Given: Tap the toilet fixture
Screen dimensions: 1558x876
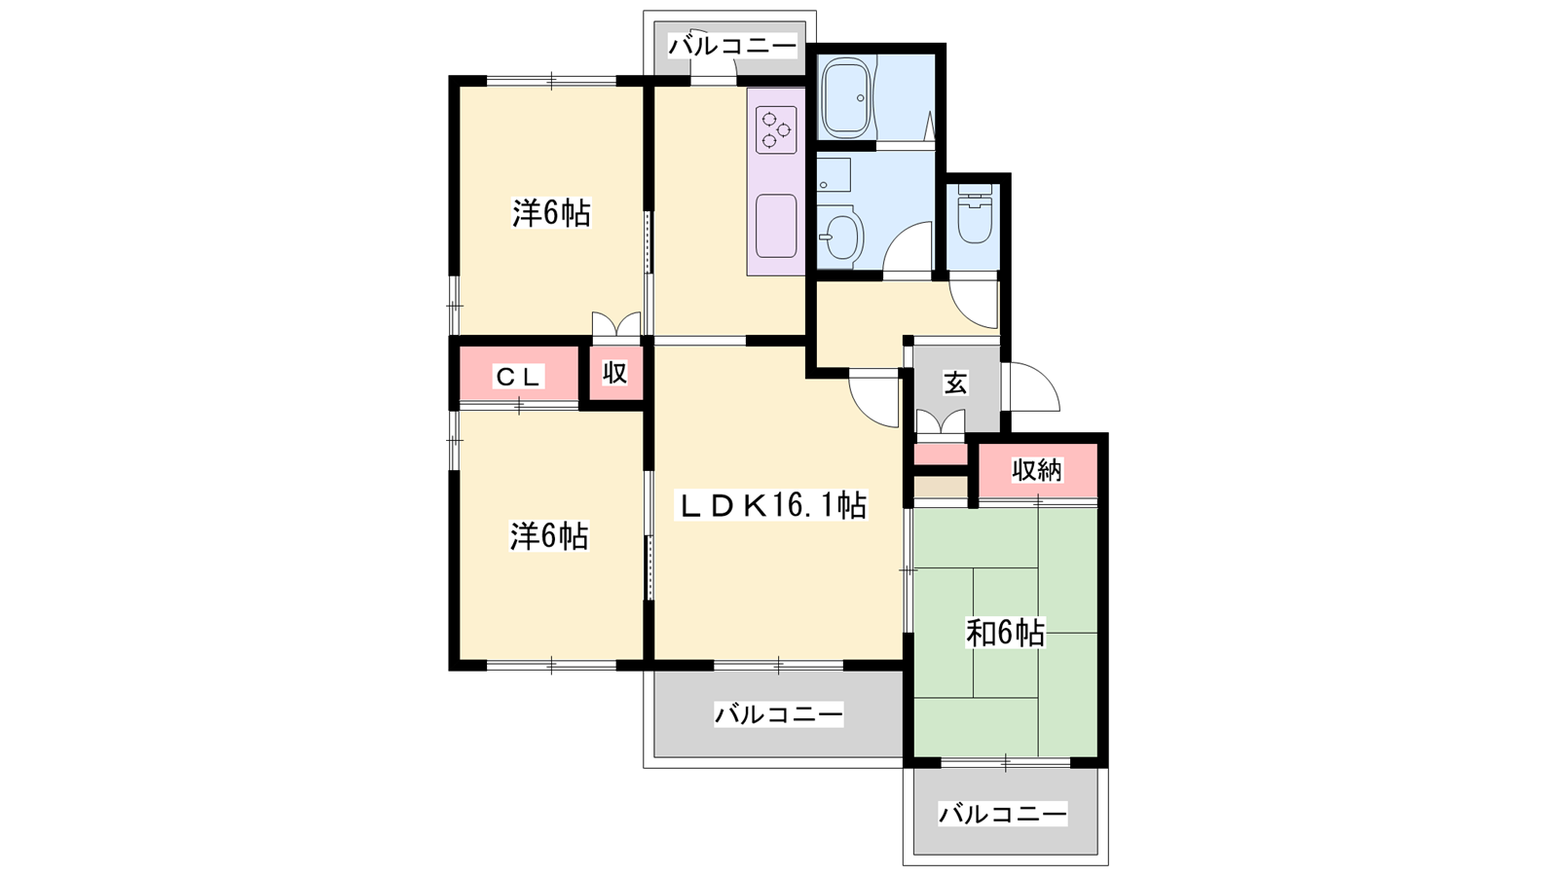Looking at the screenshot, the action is [975, 213].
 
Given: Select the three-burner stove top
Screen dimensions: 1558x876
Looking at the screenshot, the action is [775, 130].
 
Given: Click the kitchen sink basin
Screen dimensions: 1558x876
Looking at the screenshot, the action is [775, 225].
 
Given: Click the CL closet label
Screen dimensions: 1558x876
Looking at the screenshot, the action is [518, 377].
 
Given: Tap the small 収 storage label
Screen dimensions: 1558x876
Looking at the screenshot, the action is [614, 373].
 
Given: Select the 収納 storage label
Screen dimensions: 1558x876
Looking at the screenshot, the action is [1037, 471].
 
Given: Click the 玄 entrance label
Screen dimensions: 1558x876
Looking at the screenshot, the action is [955, 383].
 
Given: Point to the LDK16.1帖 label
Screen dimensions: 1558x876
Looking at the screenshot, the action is [771, 505].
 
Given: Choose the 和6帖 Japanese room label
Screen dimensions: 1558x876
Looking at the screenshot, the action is [1005, 634].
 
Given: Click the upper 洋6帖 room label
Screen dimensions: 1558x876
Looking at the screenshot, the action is [551, 213].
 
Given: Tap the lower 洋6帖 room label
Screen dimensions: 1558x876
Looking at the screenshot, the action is [549, 536].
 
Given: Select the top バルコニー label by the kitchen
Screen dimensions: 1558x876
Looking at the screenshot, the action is [732, 47].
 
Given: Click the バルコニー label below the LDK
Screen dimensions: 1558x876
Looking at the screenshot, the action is [779, 714].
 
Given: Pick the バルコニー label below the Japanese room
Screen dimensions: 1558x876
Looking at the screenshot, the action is [1003, 814].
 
